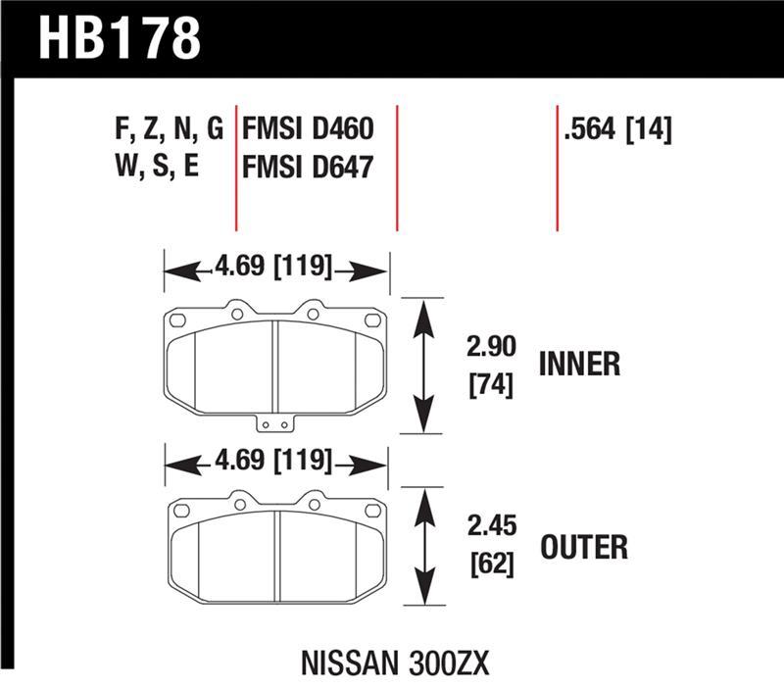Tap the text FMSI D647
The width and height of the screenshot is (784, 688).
click(308, 167)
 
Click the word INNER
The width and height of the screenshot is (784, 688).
click(579, 365)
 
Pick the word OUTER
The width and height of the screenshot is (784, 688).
click(583, 546)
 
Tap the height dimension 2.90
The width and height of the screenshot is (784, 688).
click(488, 348)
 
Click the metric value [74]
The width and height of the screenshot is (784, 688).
click(488, 383)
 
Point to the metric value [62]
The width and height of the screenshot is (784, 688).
click(488, 565)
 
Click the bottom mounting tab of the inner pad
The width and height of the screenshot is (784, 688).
click(274, 425)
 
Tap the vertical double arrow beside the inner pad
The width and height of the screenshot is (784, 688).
click(423, 366)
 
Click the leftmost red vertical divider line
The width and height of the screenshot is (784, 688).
click(236, 167)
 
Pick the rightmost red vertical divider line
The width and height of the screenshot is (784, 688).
click(557, 167)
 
